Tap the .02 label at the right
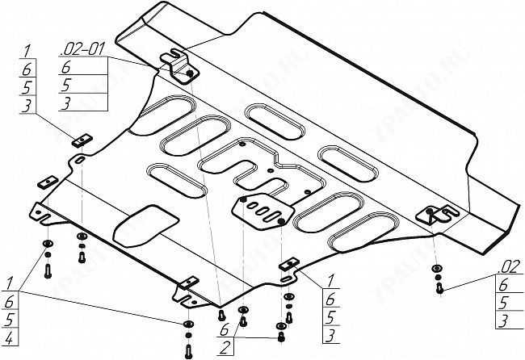[508, 267]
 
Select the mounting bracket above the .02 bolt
[436, 214]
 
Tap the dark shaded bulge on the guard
[145, 224]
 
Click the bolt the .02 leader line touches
[439, 286]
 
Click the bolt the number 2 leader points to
[280, 336]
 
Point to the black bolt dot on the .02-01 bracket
[189, 74]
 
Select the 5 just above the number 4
[8, 317]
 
